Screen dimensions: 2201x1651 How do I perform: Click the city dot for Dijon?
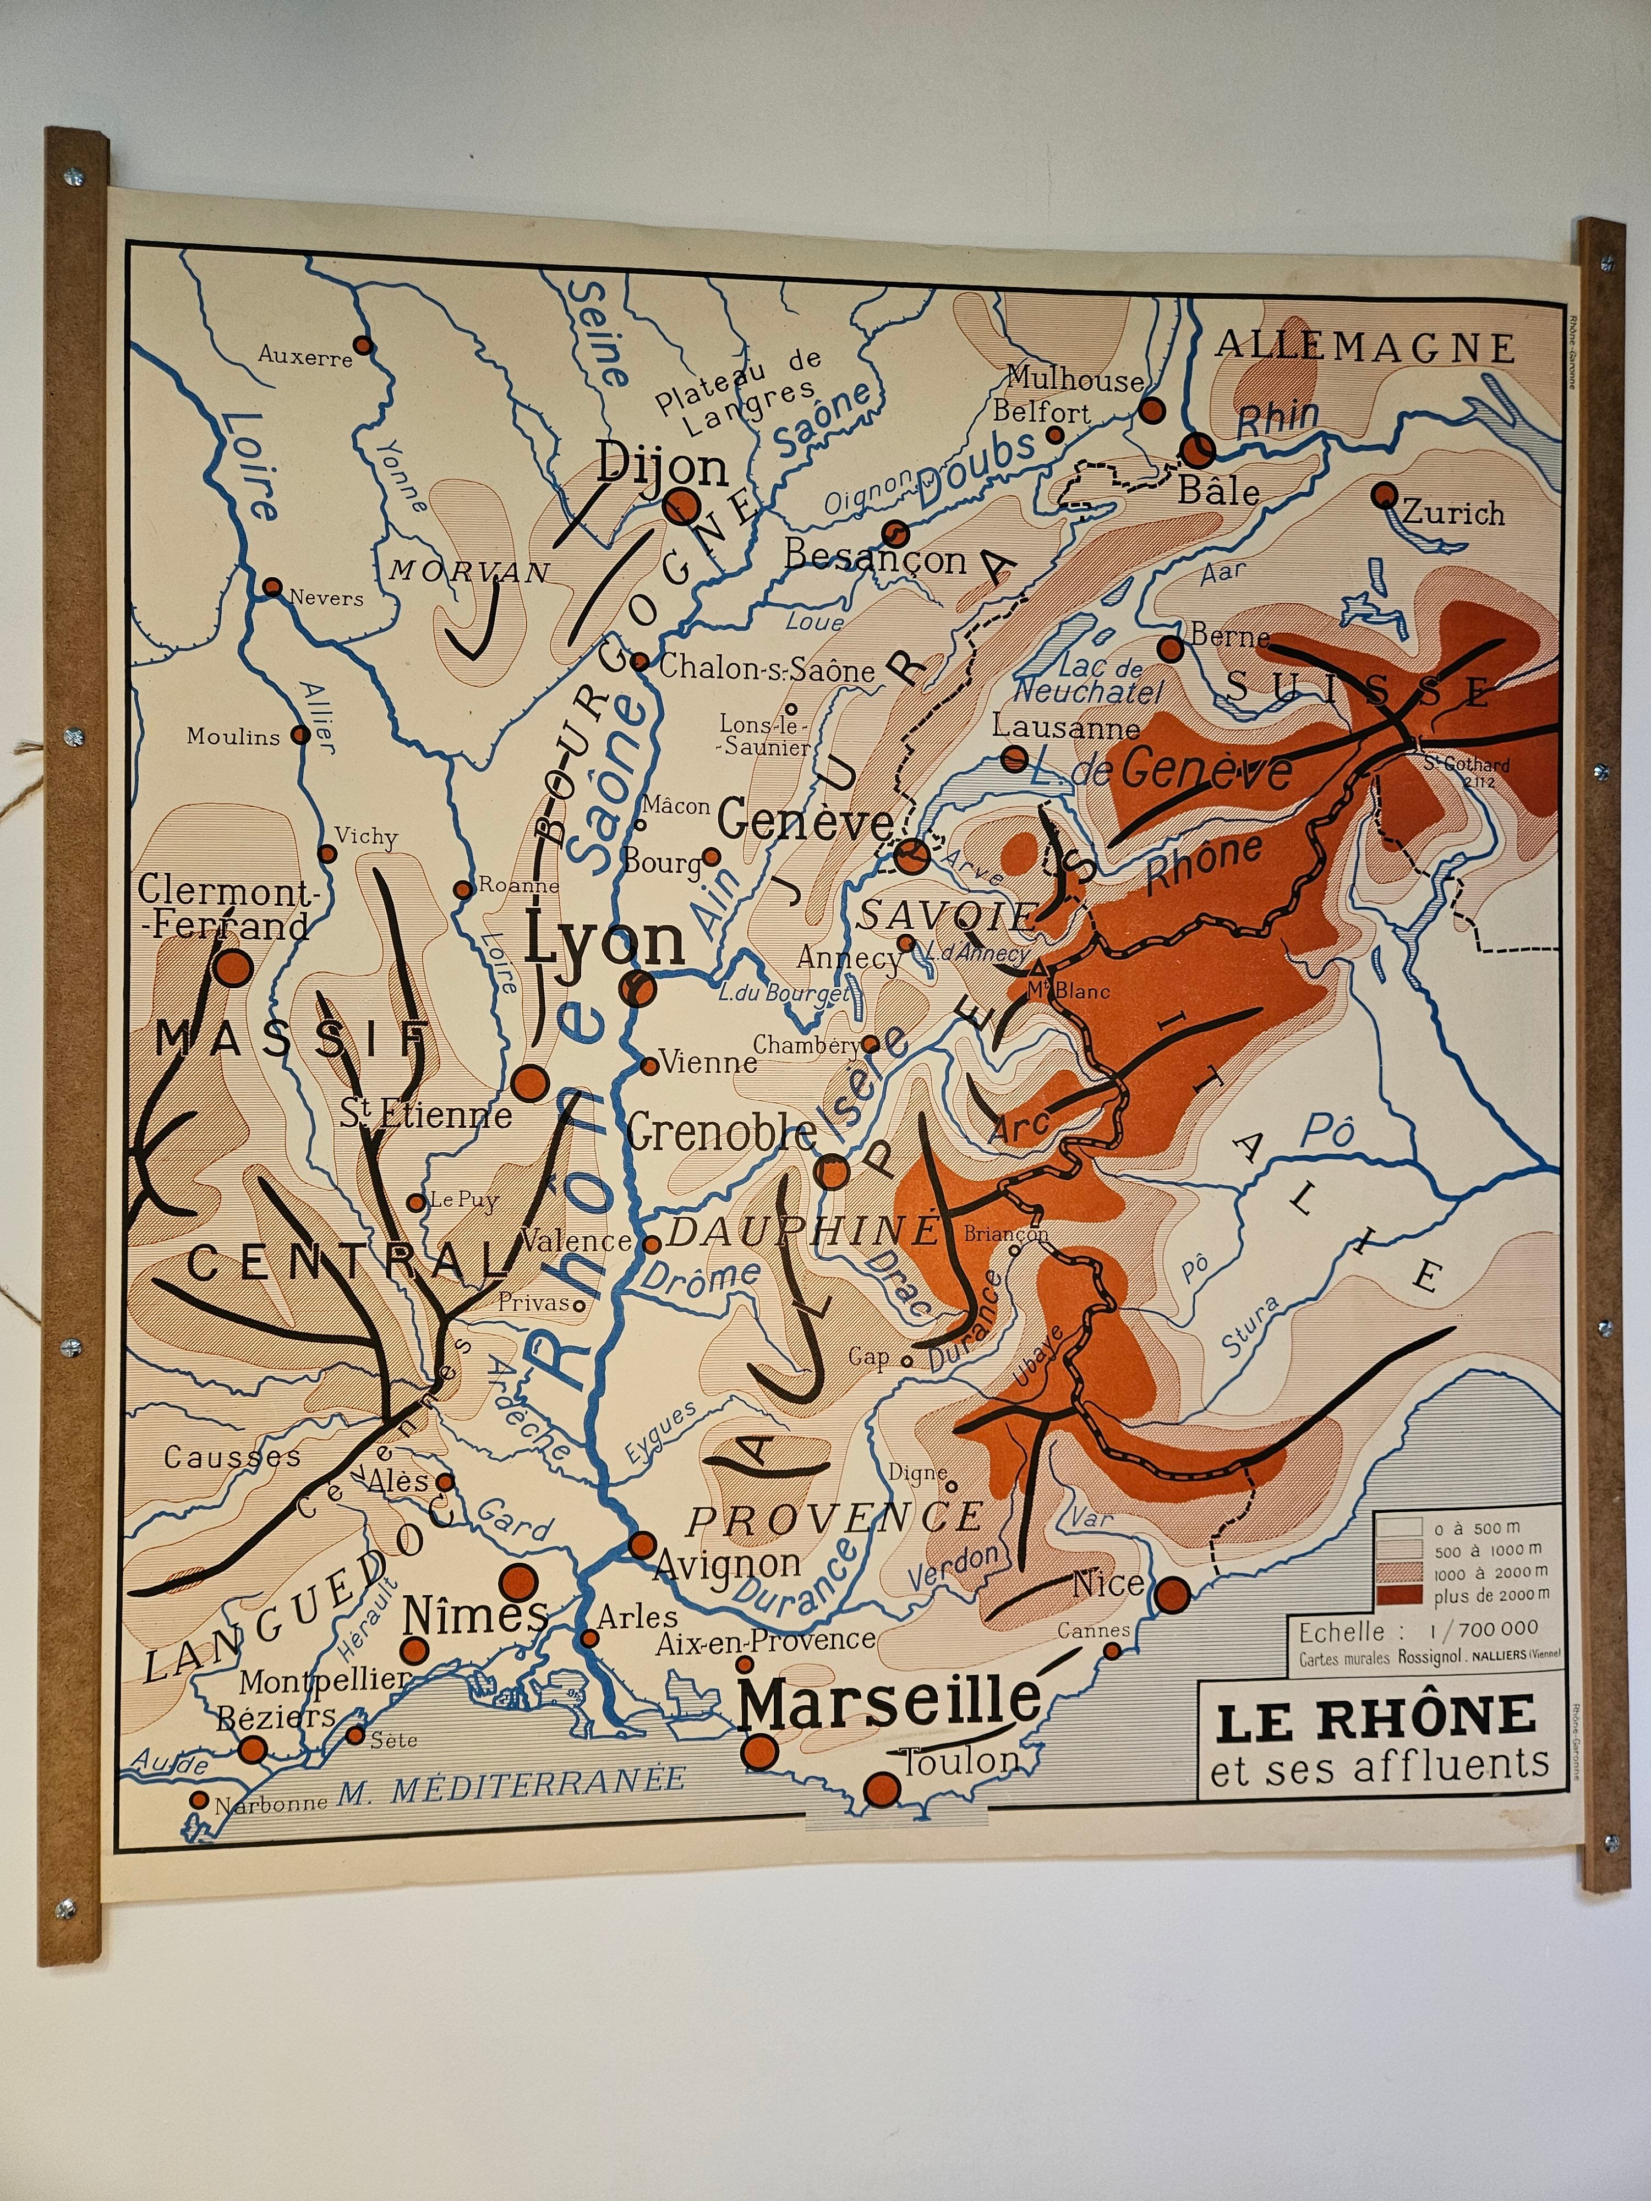(x=683, y=506)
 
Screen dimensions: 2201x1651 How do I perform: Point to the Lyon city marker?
(x=637, y=988)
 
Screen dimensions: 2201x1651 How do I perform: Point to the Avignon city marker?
(x=642, y=1545)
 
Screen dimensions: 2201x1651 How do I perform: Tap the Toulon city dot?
(x=882, y=1789)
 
